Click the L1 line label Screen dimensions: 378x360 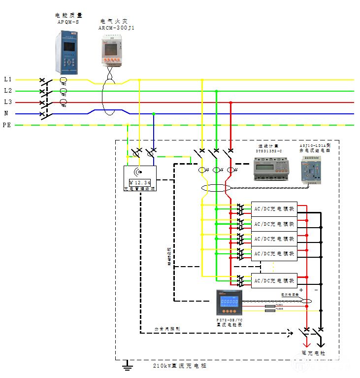coord(7,79)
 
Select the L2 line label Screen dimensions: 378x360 coord(7,91)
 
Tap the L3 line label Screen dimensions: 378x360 coord(7,103)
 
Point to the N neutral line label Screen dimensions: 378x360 coord(6,114)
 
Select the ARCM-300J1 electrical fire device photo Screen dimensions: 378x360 coord(112,52)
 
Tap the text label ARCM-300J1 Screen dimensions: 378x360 coord(116,28)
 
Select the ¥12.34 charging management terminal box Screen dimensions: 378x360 coord(140,178)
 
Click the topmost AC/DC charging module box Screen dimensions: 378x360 coord(274,209)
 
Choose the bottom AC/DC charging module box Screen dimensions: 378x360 coord(274,280)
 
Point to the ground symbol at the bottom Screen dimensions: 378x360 coord(128,365)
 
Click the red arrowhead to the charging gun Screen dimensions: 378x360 coord(307,345)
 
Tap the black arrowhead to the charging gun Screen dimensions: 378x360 coord(321,345)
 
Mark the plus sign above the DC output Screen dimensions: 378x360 coord(301,291)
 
